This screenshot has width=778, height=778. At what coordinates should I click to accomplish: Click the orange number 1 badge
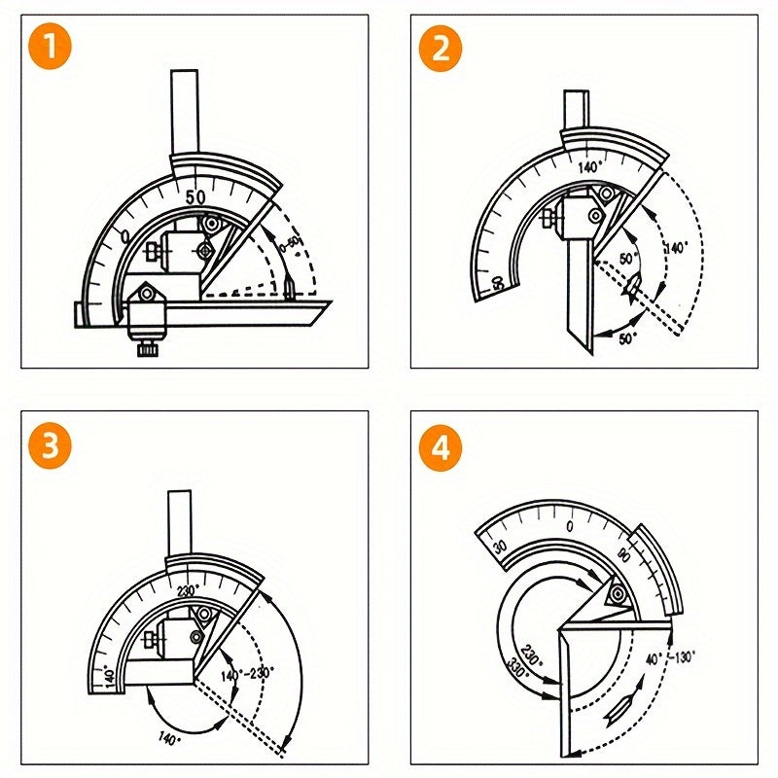click(51, 50)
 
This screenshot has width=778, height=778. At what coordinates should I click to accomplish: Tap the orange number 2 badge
click(442, 50)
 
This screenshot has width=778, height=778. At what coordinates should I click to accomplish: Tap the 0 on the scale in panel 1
click(124, 236)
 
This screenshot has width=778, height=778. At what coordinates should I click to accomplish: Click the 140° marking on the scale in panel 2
click(589, 167)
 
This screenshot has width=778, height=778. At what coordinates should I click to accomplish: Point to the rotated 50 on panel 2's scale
click(498, 283)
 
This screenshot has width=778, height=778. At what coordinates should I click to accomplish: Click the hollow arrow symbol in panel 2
click(633, 286)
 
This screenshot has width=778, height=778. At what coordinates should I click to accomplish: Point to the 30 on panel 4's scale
click(500, 548)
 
